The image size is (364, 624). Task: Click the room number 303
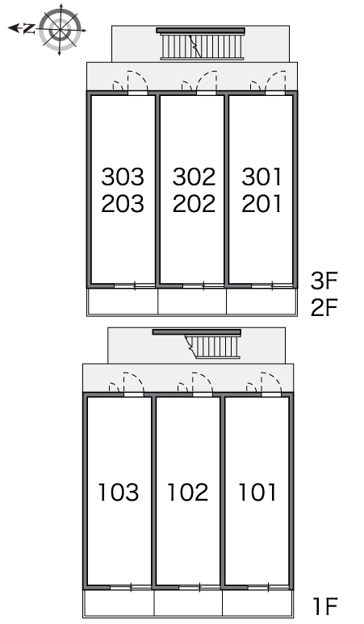122,177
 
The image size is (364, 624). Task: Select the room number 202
194,204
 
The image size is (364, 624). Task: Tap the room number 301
261,177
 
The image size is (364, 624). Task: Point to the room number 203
122,204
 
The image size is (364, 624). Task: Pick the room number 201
261,204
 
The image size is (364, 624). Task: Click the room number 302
194,177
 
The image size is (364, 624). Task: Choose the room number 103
119,493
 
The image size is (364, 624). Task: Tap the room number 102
187,493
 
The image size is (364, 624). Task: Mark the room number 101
257,493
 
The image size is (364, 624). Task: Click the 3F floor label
324,281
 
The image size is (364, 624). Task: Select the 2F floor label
324,307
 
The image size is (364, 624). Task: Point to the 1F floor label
325,607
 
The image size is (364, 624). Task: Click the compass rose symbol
61,29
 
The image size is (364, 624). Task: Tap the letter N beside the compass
29,28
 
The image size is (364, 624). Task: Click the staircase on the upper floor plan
201,44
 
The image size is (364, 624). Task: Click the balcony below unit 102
188,603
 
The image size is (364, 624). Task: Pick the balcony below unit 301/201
261,302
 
